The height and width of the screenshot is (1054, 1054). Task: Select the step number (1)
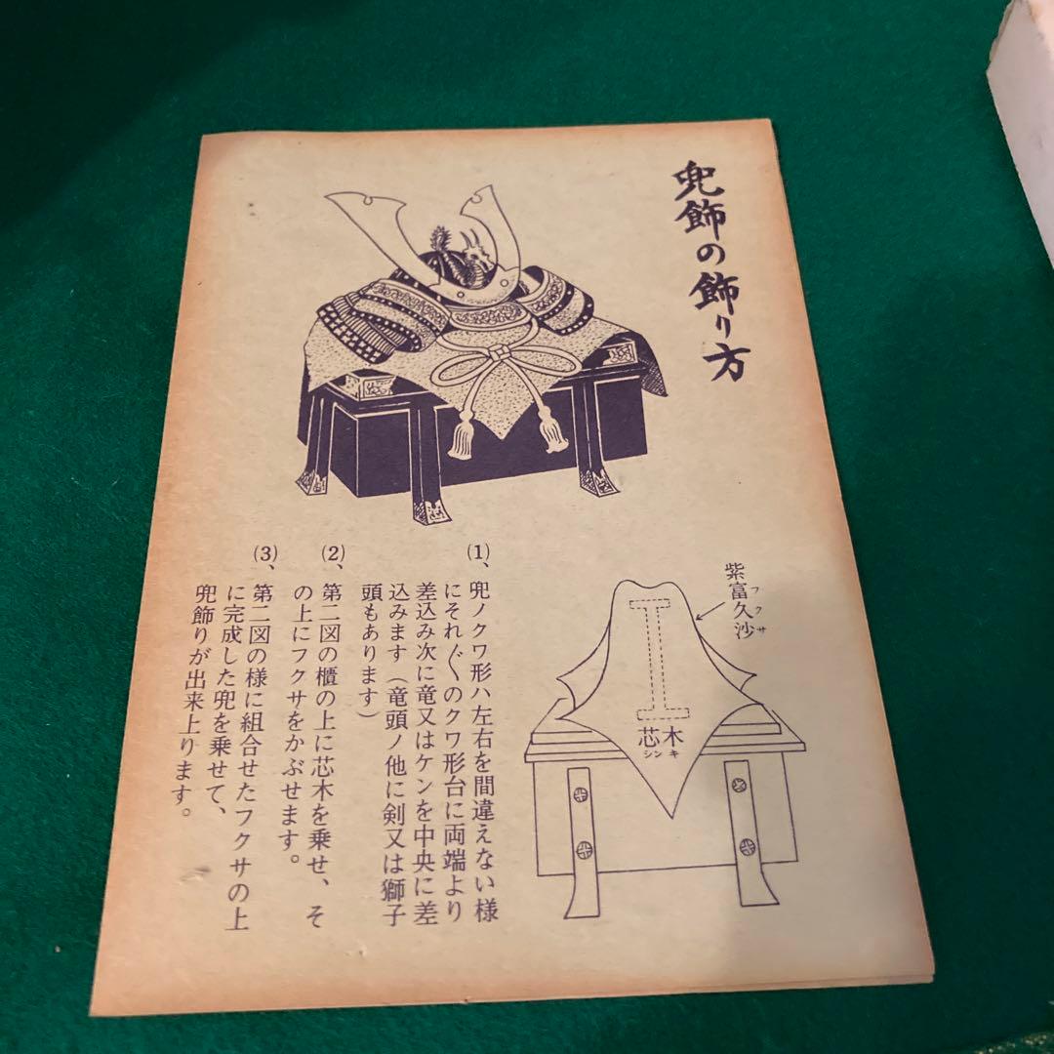coord(478,551)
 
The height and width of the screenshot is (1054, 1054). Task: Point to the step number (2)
coord(334,553)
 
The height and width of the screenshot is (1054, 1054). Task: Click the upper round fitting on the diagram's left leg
coord(578,795)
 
